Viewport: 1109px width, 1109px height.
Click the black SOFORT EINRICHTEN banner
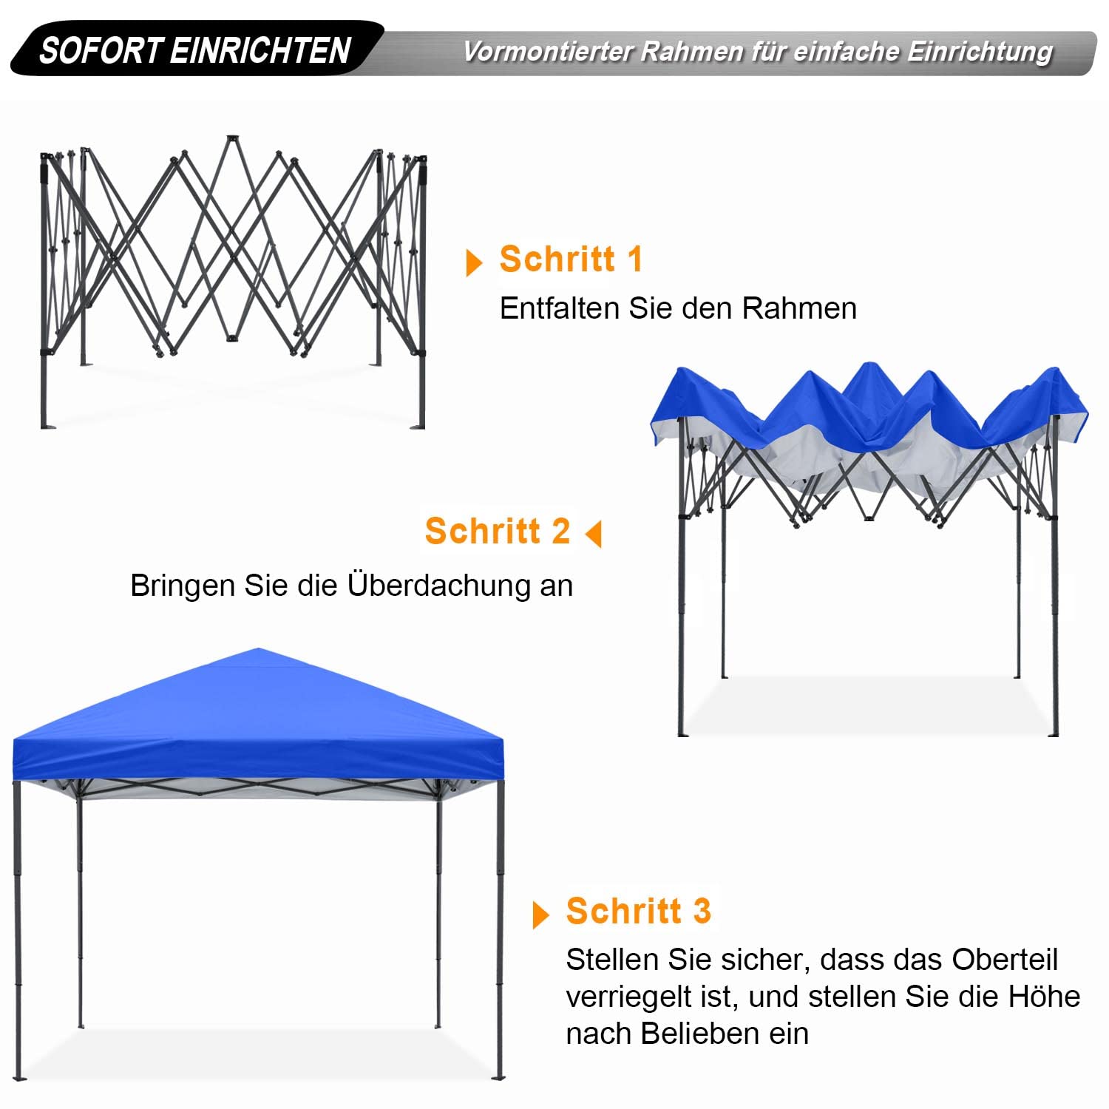[195, 50]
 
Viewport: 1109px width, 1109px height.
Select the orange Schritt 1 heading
[571, 260]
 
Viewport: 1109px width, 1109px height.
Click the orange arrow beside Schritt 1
[474, 263]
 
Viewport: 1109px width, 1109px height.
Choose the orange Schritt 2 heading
[498, 532]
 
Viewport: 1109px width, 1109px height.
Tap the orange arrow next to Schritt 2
[594, 534]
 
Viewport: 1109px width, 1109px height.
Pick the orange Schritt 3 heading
[638, 911]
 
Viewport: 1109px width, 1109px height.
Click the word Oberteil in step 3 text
[1005, 960]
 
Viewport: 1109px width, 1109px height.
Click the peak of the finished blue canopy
[259, 651]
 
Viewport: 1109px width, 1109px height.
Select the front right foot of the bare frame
[421, 424]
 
